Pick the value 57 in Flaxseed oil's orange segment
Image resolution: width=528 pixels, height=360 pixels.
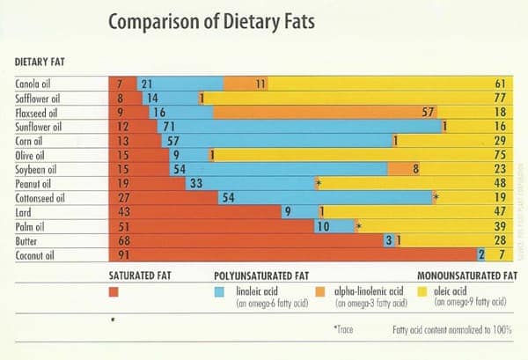[429, 112]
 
